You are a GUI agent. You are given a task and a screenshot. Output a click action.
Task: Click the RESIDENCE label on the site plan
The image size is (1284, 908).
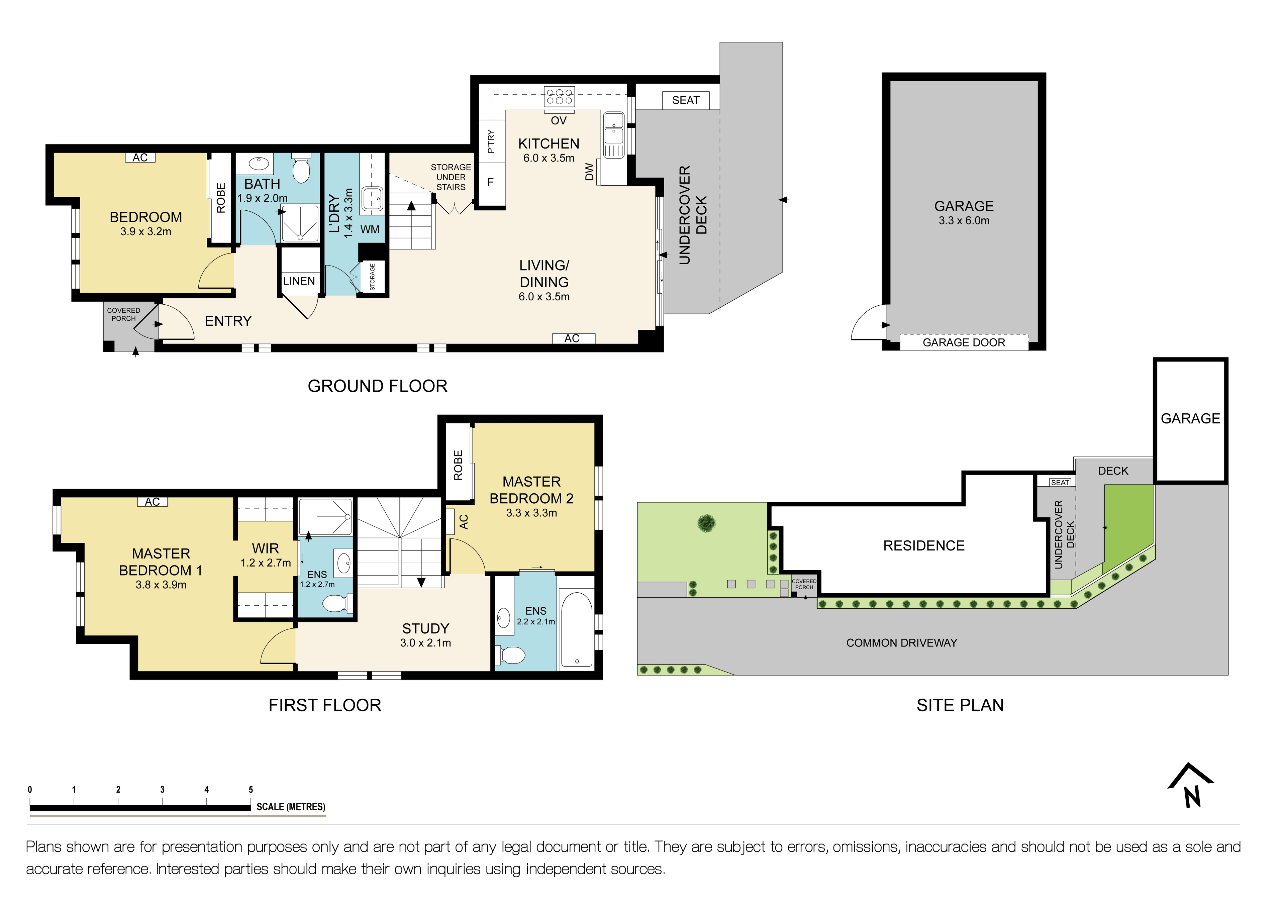[923, 546]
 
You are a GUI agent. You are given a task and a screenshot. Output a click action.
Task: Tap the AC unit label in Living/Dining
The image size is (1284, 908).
[572, 338]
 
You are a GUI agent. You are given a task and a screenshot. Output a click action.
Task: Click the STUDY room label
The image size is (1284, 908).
[425, 628]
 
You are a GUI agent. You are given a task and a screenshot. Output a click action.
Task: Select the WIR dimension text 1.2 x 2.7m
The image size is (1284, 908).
[266, 563]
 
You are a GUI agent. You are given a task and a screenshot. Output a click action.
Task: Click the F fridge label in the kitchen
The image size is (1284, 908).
[490, 182]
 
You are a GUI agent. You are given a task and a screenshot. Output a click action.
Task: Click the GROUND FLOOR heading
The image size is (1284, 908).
[378, 386]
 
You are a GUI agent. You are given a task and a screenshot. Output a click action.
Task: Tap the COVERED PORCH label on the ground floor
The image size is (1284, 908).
[124, 314]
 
